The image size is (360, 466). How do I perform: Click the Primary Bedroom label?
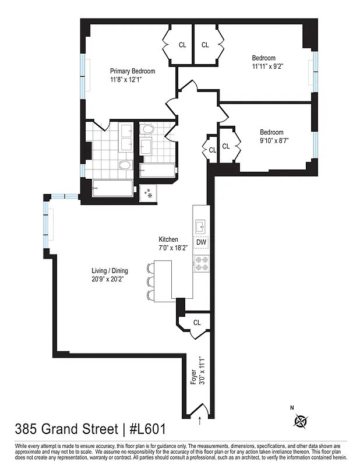[x=133, y=71]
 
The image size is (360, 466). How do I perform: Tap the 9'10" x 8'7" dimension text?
[x=275, y=140]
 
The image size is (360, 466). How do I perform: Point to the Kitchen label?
[x=168, y=239]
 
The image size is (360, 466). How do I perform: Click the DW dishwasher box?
[x=200, y=242]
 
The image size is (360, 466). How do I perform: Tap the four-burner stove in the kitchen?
[x=201, y=263]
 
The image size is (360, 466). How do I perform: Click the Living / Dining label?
[x=110, y=270]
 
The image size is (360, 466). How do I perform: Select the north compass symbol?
[x=301, y=419]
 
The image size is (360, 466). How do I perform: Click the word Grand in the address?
[x=64, y=429]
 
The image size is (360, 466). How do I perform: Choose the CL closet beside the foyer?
[x=197, y=323]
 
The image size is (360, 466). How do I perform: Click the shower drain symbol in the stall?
[x=149, y=194]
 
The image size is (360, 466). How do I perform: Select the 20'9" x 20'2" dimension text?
[x=108, y=278]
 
